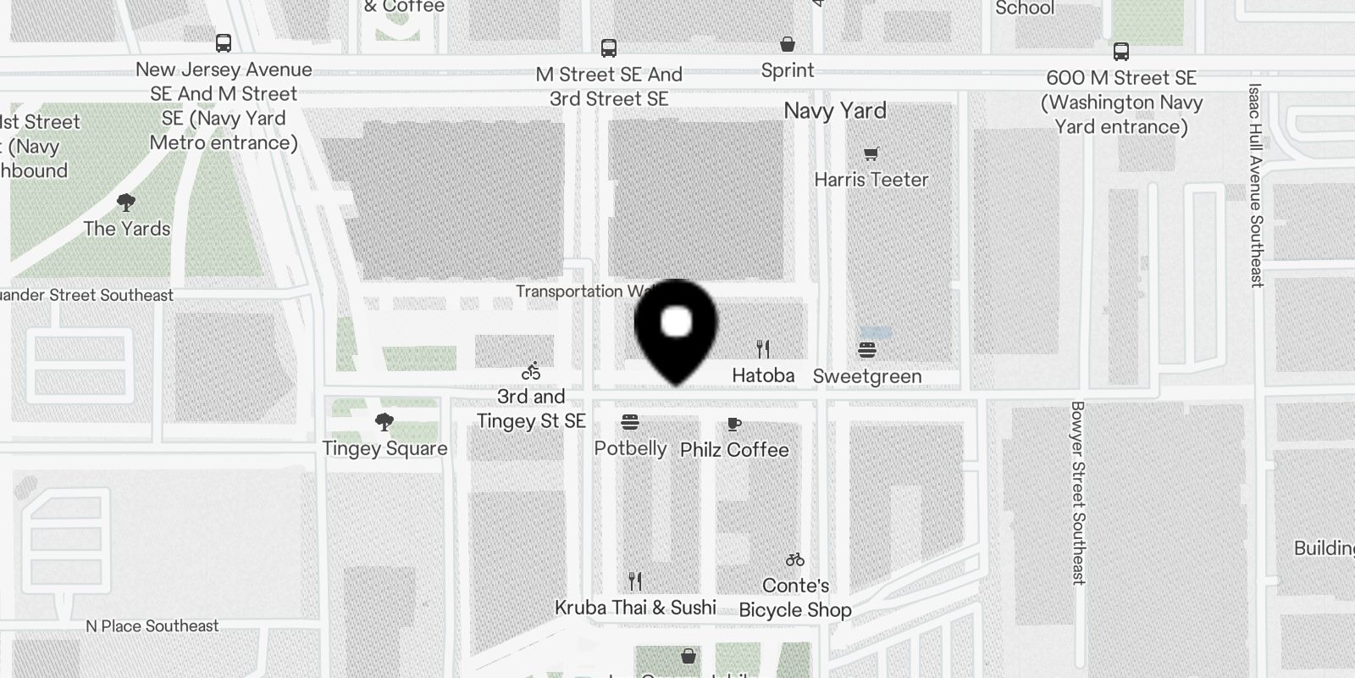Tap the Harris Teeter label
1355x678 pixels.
[x=871, y=180]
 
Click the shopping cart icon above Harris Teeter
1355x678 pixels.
[x=871, y=153]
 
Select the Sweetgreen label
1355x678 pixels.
[x=866, y=376]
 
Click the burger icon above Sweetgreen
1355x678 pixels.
[x=866, y=349]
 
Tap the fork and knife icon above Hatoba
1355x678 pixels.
[x=763, y=348]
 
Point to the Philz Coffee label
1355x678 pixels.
[x=734, y=450]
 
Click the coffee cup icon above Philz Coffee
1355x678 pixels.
[x=734, y=424]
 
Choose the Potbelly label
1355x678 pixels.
[x=630, y=448]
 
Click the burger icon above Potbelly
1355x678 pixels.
[x=629, y=422]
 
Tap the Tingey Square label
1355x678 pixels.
[x=384, y=448]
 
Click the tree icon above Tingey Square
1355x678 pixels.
[x=384, y=422]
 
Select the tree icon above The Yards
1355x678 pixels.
[x=126, y=203]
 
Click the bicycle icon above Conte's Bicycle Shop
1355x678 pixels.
[x=794, y=559]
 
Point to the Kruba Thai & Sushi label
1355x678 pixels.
[x=635, y=608]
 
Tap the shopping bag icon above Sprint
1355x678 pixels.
[x=788, y=44]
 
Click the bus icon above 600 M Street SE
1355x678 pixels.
[x=1121, y=52]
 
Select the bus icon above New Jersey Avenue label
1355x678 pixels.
[x=224, y=43]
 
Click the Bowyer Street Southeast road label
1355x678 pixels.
[x=1077, y=492]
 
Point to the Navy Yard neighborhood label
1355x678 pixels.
[x=835, y=111]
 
